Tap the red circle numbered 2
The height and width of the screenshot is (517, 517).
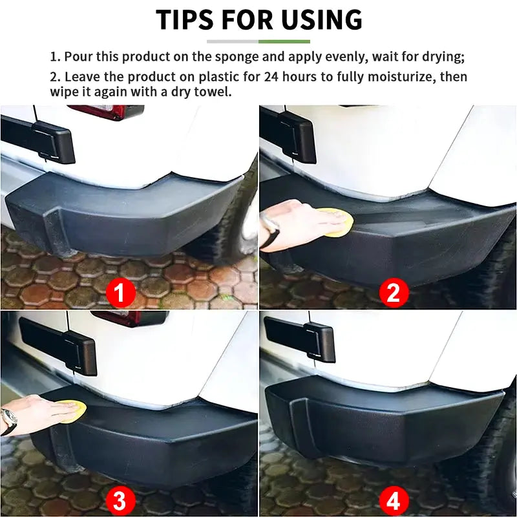click(x=394, y=293)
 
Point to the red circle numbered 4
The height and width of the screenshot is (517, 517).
click(x=394, y=500)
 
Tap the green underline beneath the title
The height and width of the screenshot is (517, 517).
click(x=284, y=41)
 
